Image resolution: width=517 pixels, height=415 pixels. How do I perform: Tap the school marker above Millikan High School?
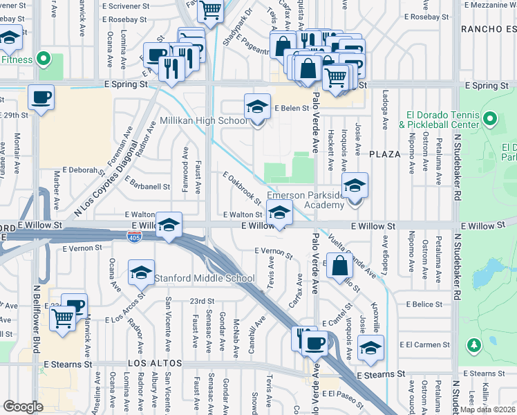pyautogui.click(x=257, y=108)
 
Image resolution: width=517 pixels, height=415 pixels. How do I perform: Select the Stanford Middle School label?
pyautogui.click(x=204, y=279)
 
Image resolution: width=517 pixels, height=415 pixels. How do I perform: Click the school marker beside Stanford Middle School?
pyautogui.click(x=142, y=273)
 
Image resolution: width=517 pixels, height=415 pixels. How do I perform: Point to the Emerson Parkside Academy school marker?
pyautogui.click(x=355, y=186)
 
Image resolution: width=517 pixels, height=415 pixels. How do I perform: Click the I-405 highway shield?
pyautogui.click(x=135, y=238)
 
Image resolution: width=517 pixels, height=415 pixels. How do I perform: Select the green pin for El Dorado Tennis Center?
pyautogui.click(x=491, y=119)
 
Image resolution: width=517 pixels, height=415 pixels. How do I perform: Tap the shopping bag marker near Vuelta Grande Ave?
pyautogui.click(x=340, y=266)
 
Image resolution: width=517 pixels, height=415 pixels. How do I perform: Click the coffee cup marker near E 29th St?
pyautogui.click(x=41, y=98)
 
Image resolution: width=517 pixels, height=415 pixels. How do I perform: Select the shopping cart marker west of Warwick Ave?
pyautogui.click(x=63, y=320)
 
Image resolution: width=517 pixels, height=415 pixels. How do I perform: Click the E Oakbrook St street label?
pyautogui.click(x=241, y=189)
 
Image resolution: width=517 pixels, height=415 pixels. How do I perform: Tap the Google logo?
pyautogui.click(x=23, y=407)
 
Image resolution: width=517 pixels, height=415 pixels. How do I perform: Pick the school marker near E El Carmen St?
pyautogui.click(x=371, y=349)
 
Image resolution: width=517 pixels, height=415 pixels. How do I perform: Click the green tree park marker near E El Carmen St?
pyautogui.click(x=473, y=344)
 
